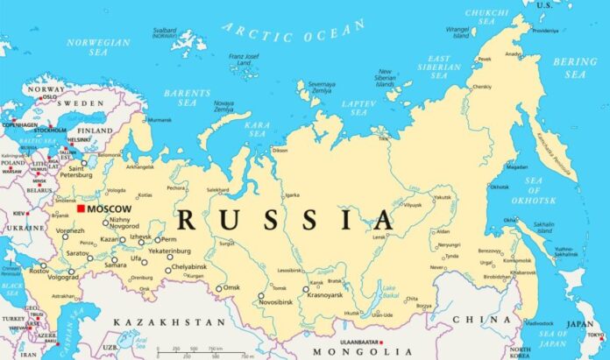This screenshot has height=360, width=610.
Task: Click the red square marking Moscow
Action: pyautogui.click(x=82, y=208)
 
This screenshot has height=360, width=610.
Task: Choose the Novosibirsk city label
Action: pyautogui.click(x=267, y=304)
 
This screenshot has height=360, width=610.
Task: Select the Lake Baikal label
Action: pyautogui.click(x=388, y=290)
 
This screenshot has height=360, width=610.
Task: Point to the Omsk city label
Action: pyautogui.click(x=231, y=287)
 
